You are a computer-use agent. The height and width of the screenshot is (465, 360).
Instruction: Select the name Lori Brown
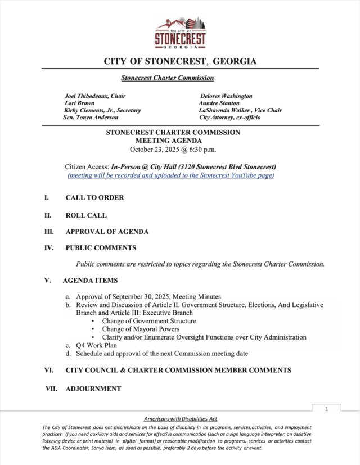80,103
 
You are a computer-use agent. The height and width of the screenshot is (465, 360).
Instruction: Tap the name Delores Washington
226,96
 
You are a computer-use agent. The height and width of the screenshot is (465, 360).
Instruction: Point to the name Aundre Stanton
219,103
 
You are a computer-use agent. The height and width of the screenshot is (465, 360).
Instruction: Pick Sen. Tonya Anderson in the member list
91,118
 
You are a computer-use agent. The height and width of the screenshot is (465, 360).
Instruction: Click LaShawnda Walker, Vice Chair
240,110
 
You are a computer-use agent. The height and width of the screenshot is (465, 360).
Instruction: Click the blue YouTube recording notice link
171,175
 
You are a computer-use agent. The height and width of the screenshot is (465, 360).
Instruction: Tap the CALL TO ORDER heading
94,198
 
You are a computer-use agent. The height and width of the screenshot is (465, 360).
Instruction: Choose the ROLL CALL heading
85,215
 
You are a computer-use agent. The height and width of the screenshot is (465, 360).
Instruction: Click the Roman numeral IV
49,247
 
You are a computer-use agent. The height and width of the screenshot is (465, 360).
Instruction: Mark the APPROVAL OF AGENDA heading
107,232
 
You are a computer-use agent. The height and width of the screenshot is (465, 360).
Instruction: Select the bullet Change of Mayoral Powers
141,329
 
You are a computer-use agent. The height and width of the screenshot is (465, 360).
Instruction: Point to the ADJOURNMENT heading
93,389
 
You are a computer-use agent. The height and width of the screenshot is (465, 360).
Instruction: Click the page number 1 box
326,409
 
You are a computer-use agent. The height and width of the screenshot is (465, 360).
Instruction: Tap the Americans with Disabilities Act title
180,419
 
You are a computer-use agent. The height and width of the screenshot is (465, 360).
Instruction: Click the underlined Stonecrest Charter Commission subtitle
168,78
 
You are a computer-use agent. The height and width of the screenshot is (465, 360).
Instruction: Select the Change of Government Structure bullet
149,321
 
